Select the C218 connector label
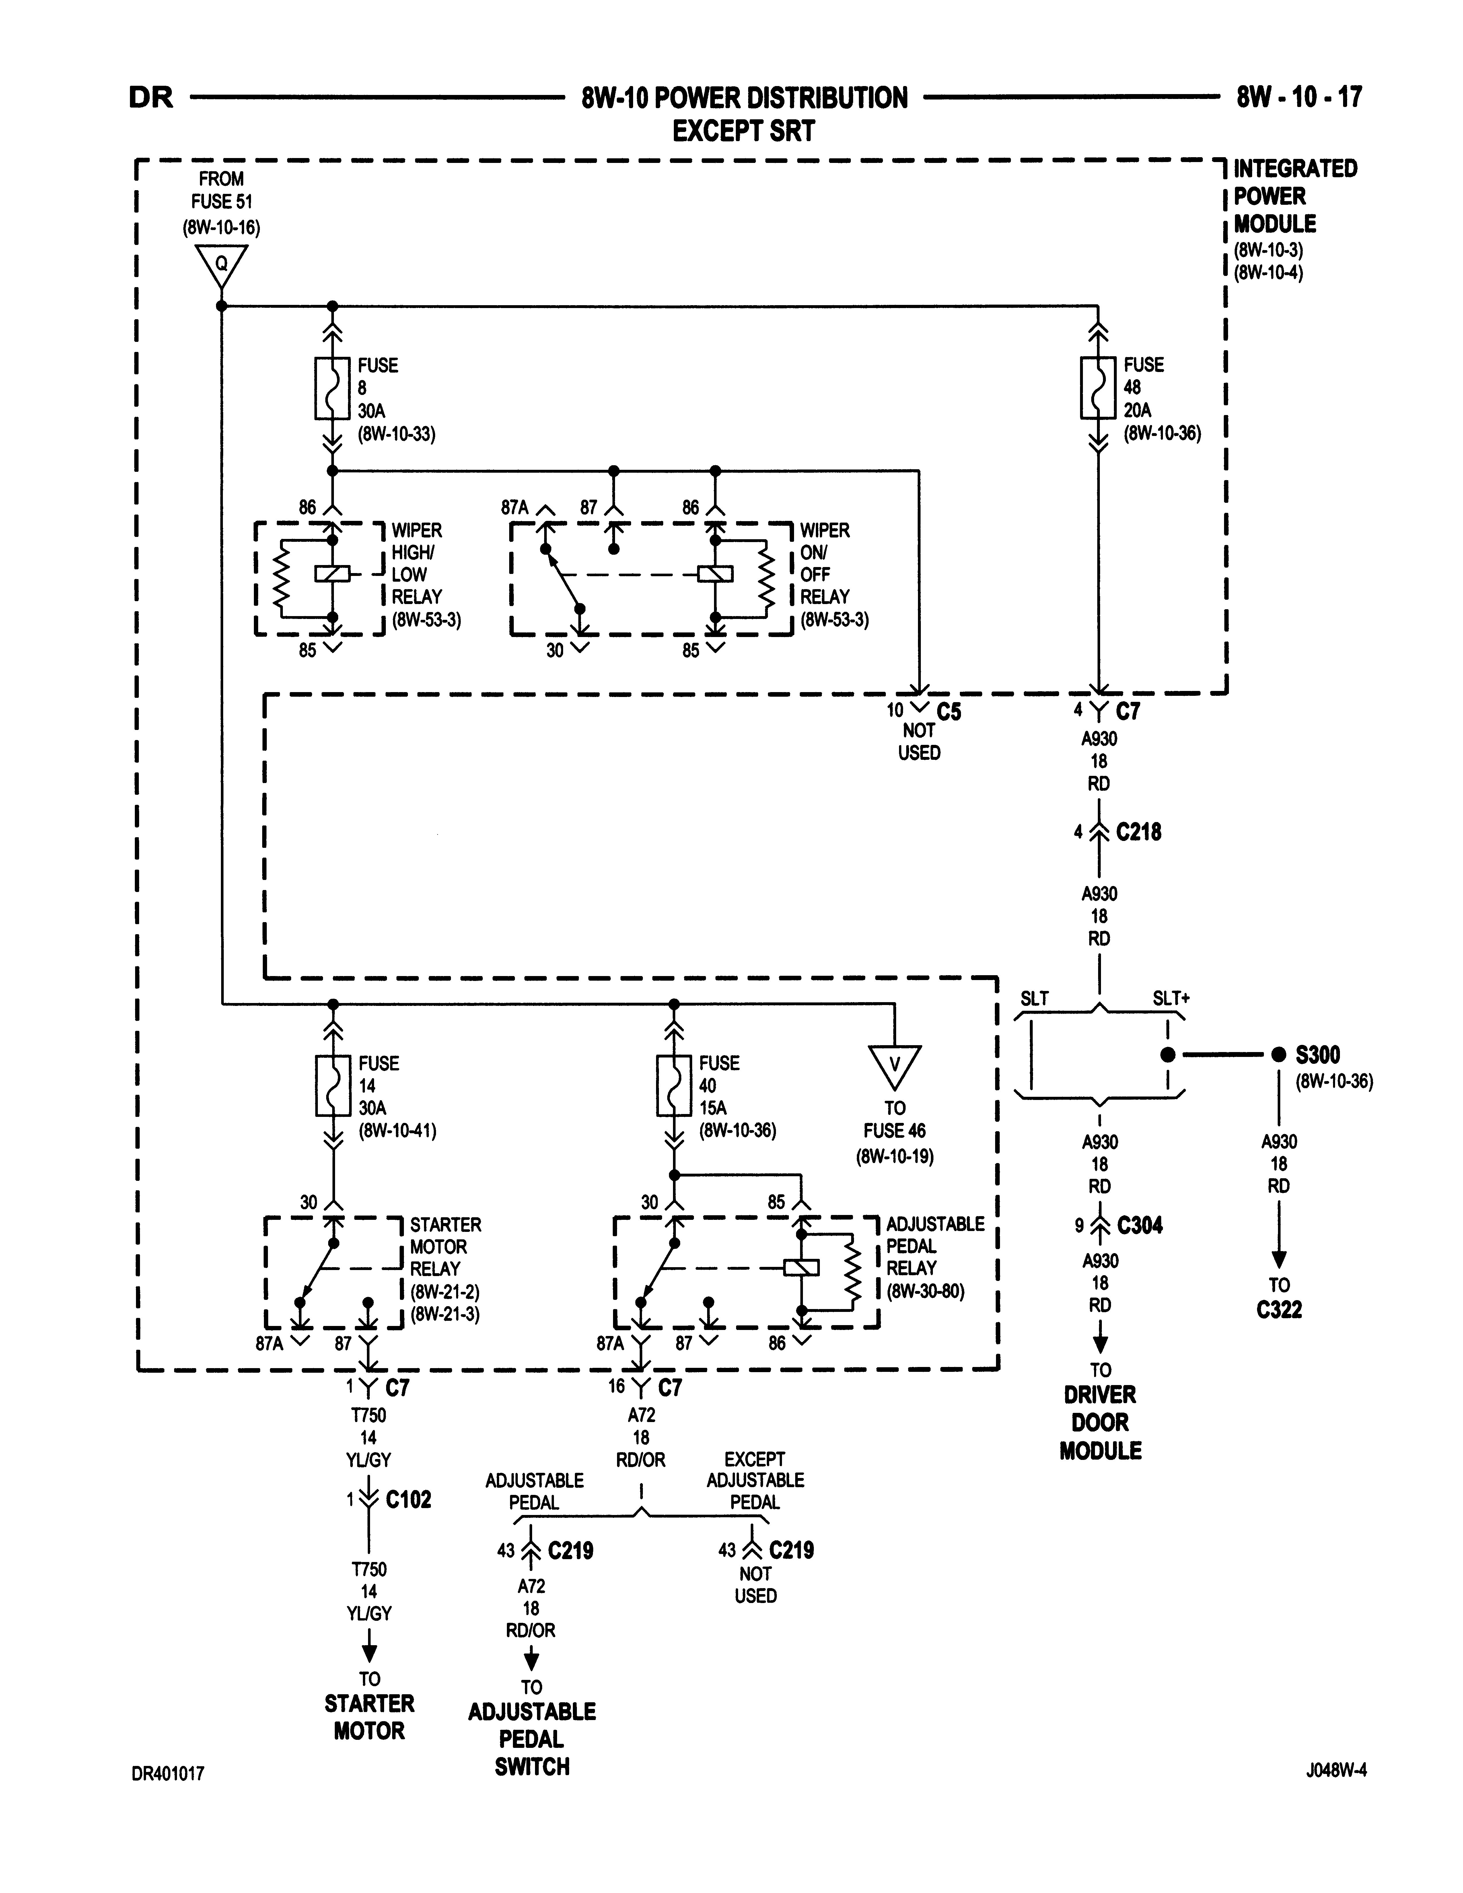point(1138,832)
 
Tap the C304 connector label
point(1140,1226)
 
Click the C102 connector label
point(408,1499)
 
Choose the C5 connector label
point(949,712)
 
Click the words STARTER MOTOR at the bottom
point(369,1717)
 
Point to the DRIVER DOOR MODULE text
point(1100,1422)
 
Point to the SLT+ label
point(1171,998)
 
